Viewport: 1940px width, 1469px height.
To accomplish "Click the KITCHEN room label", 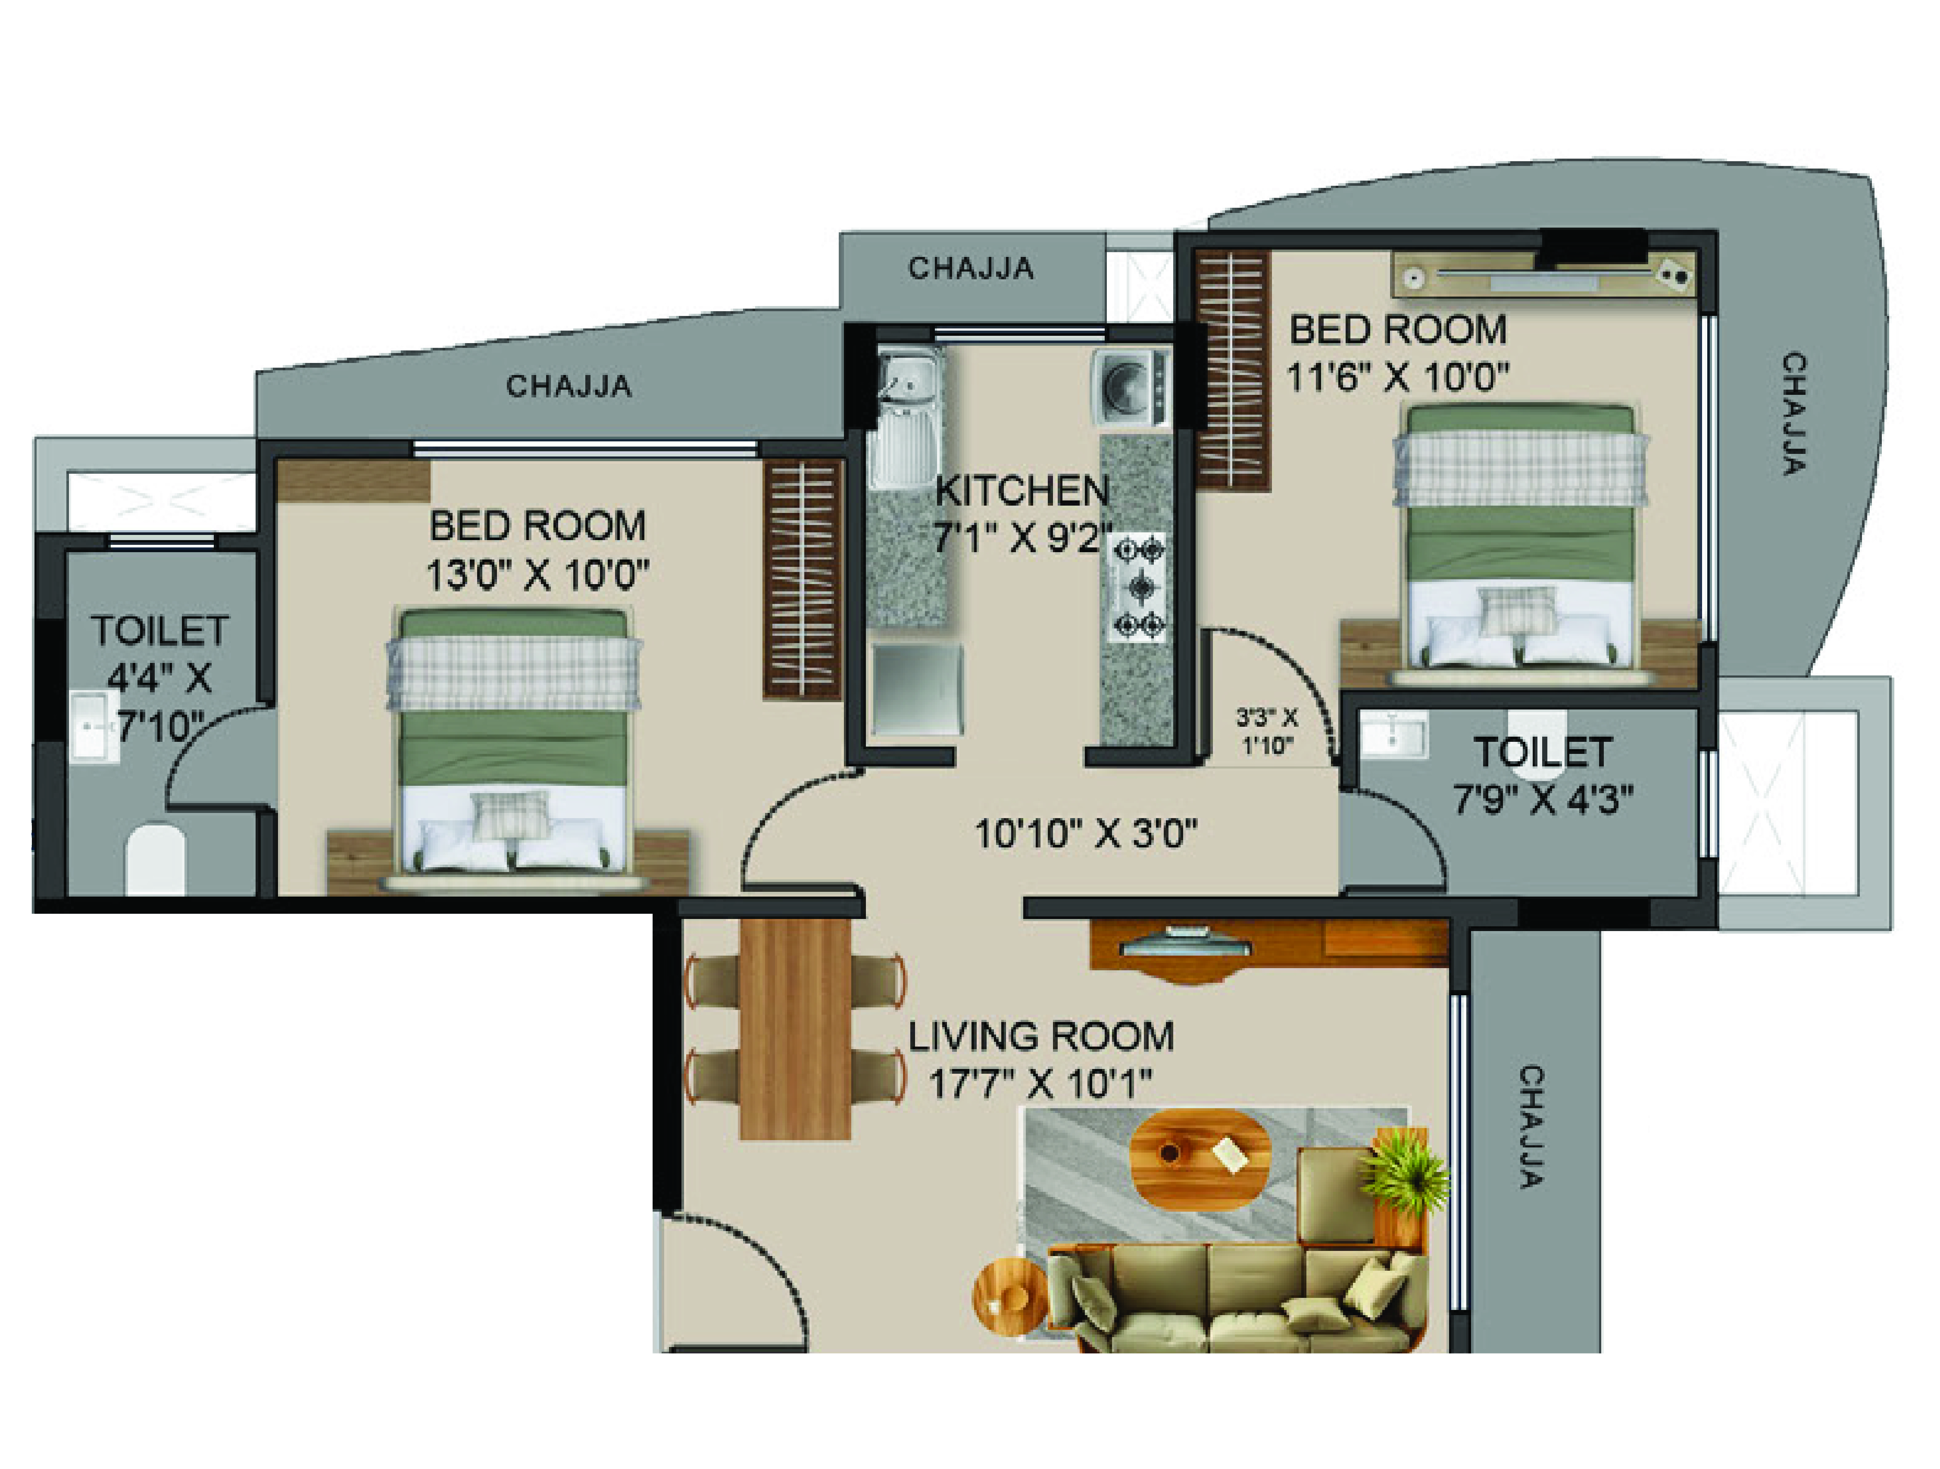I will tap(1022, 491).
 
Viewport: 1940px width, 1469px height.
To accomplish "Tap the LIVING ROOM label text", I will tap(1040, 1037).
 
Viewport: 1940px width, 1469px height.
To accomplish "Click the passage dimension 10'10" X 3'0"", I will tap(1086, 833).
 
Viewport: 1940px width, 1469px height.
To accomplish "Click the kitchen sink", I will tap(908, 386).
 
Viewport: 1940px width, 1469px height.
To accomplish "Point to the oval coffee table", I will tap(1200, 1156).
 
